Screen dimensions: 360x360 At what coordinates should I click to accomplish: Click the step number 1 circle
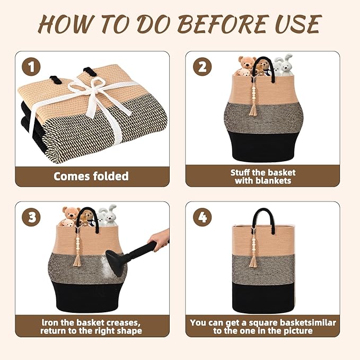31,67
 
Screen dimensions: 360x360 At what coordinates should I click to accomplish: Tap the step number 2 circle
203,67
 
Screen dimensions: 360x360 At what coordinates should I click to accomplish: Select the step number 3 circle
31,217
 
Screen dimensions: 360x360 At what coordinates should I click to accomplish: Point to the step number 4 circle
203,217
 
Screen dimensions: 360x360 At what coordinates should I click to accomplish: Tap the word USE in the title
298,24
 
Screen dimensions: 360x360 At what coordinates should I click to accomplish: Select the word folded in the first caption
111,177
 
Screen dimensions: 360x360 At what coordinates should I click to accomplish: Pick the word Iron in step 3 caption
49,322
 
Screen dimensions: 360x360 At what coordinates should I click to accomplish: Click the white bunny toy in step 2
283,65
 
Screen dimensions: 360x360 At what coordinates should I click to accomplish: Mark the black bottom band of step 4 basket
263,297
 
